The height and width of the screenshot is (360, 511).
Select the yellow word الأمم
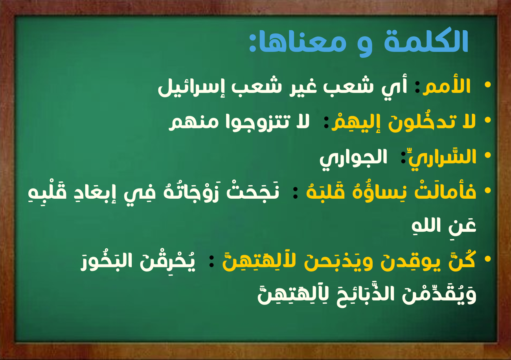[447, 86]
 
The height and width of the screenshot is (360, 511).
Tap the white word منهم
[191, 123]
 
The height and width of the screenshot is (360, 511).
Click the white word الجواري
[353, 159]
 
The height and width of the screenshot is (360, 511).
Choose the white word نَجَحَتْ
[253, 192]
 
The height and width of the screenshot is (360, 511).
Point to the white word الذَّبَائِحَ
[365, 294]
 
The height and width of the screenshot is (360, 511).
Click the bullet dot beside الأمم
[488, 85]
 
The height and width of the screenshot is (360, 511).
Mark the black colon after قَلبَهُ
[295, 192]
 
